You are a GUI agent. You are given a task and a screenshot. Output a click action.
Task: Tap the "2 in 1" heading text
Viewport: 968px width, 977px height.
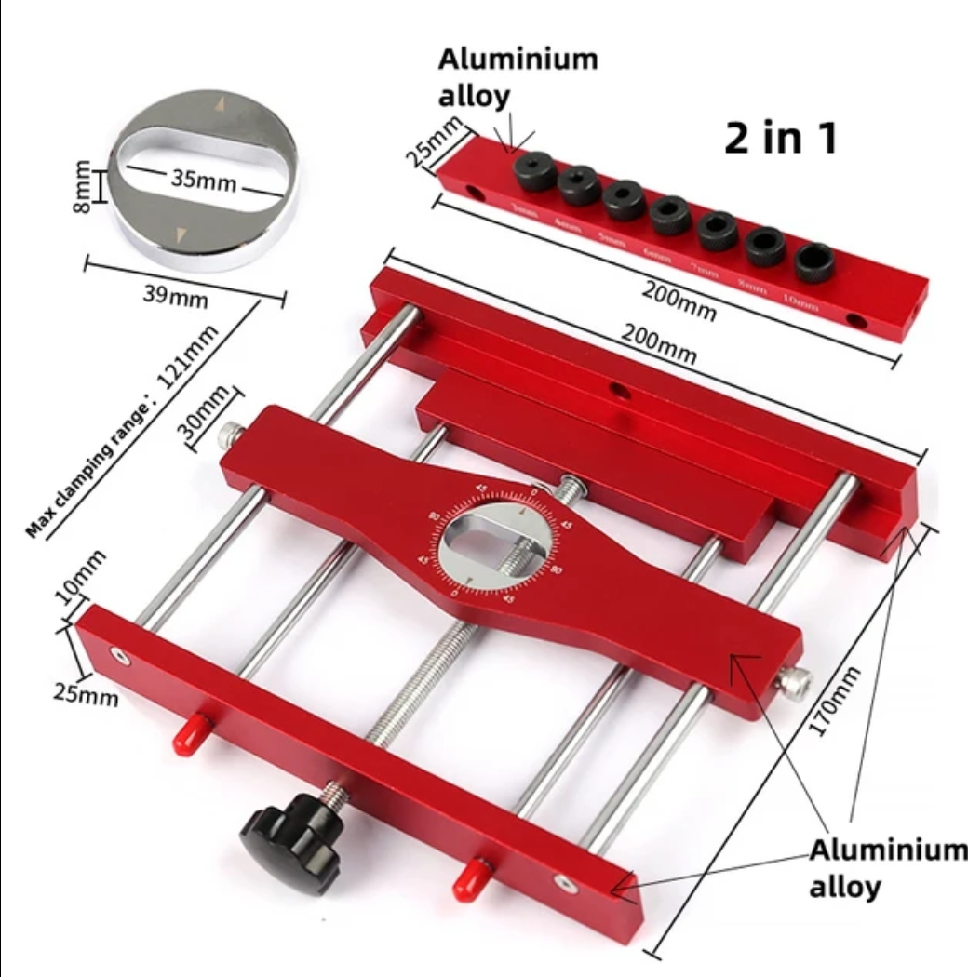point(781,138)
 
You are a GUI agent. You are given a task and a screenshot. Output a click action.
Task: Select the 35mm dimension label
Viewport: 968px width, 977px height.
point(204,180)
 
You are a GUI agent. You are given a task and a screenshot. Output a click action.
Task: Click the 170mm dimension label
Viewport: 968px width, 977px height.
point(834,702)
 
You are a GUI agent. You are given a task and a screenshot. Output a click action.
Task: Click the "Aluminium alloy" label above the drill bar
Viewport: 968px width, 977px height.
point(518,77)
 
